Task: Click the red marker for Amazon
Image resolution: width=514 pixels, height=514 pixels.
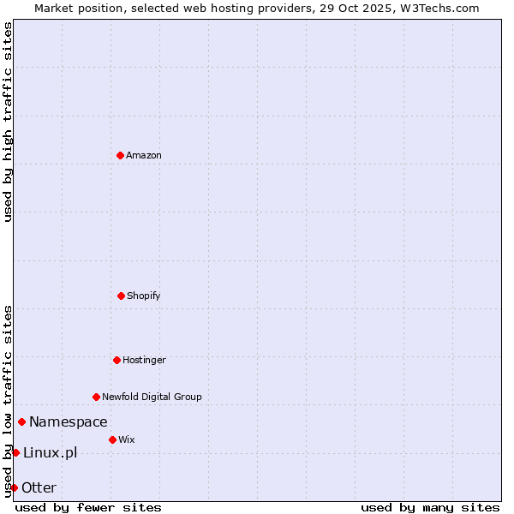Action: (x=120, y=155)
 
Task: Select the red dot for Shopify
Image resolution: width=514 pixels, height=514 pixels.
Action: (x=121, y=296)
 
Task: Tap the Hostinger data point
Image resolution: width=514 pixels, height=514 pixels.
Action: (x=117, y=360)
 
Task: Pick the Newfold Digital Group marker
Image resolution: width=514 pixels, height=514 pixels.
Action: (x=96, y=397)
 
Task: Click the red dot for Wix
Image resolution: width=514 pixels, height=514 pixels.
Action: (x=112, y=439)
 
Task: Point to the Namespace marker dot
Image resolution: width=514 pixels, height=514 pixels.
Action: (x=21, y=421)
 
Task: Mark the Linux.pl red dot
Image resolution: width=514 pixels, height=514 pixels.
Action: (x=15, y=452)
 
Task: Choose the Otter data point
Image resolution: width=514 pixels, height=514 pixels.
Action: (x=14, y=487)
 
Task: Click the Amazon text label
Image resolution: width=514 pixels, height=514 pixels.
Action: (x=144, y=155)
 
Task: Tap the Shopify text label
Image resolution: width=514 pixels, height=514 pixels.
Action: (x=144, y=296)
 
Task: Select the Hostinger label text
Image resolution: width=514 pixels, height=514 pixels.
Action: (x=144, y=360)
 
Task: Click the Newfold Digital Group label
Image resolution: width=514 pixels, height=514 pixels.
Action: (x=152, y=397)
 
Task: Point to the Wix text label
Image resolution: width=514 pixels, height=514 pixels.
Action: (x=127, y=439)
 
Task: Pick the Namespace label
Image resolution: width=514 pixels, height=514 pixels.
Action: (x=69, y=421)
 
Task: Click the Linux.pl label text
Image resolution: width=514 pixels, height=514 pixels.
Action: (x=50, y=452)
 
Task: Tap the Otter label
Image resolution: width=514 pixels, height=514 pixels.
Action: (x=39, y=487)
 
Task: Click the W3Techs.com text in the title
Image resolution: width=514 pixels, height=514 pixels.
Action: (x=438, y=8)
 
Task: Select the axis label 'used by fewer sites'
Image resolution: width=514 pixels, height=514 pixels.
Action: (x=88, y=507)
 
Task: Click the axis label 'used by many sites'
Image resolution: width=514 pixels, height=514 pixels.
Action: (x=430, y=507)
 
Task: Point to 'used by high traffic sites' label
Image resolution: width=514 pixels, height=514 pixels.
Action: (x=8, y=122)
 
